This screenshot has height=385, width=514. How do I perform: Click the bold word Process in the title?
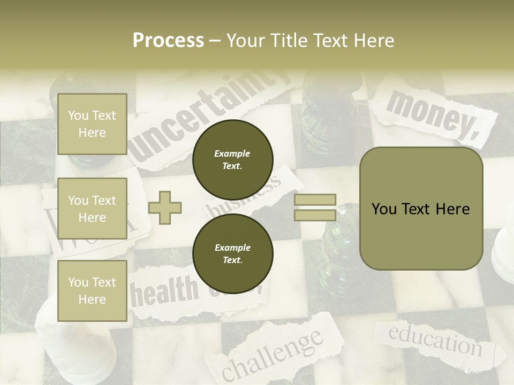click(x=168, y=41)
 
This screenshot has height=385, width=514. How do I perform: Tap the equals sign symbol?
click(x=315, y=207)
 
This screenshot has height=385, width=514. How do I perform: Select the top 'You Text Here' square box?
click(x=92, y=124)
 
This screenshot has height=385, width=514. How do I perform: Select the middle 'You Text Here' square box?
click(x=92, y=209)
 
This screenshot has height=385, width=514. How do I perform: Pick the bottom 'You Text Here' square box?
click(x=92, y=291)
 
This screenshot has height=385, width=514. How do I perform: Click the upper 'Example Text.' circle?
click(x=233, y=159)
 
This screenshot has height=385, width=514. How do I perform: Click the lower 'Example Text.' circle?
click(x=233, y=253)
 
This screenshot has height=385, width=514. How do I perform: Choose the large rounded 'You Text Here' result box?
click(x=421, y=209)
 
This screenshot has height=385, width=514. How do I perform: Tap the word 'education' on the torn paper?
click(x=435, y=340)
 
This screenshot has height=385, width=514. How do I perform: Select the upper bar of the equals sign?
click(x=315, y=200)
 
